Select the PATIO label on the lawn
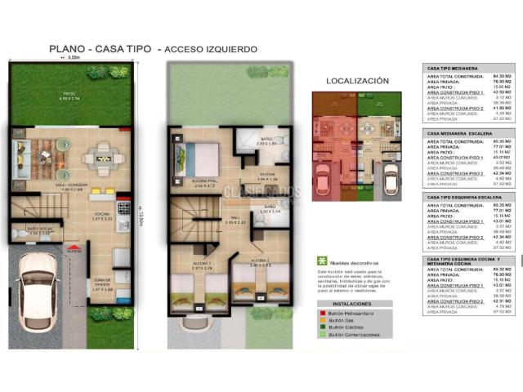tap(71, 94)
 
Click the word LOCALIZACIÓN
tap(357, 81)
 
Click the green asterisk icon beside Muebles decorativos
tap(321, 260)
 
